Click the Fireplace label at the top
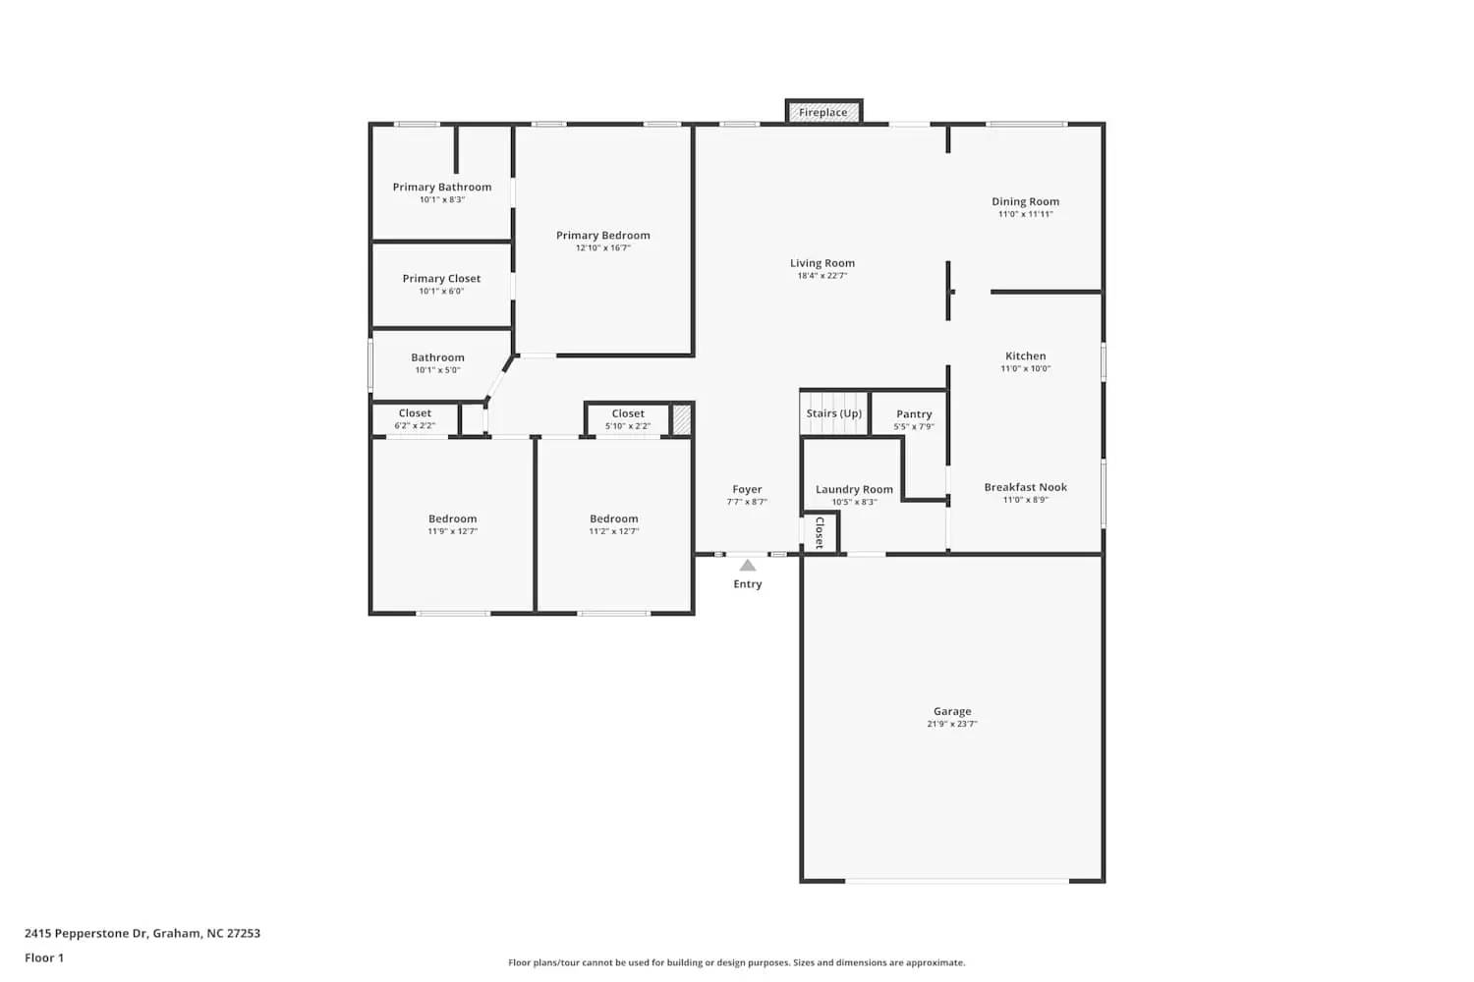(822, 113)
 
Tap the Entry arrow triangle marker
(748, 566)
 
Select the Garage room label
(952, 711)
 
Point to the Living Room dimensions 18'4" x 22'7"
(822, 276)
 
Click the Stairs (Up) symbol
(833, 413)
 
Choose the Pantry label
(914, 414)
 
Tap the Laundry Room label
(854, 489)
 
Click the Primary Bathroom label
(442, 187)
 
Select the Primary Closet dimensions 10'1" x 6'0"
(441, 292)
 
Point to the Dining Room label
(1025, 201)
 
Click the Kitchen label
(1025, 356)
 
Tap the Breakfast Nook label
(1025, 487)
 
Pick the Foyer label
(747, 489)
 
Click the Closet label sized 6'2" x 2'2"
(415, 413)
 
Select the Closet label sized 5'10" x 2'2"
(628, 413)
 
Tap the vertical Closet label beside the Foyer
(820, 532)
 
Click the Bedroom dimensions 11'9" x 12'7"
(452, 531)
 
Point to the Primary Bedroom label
(602, 236)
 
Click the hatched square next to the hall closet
(681, 419)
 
